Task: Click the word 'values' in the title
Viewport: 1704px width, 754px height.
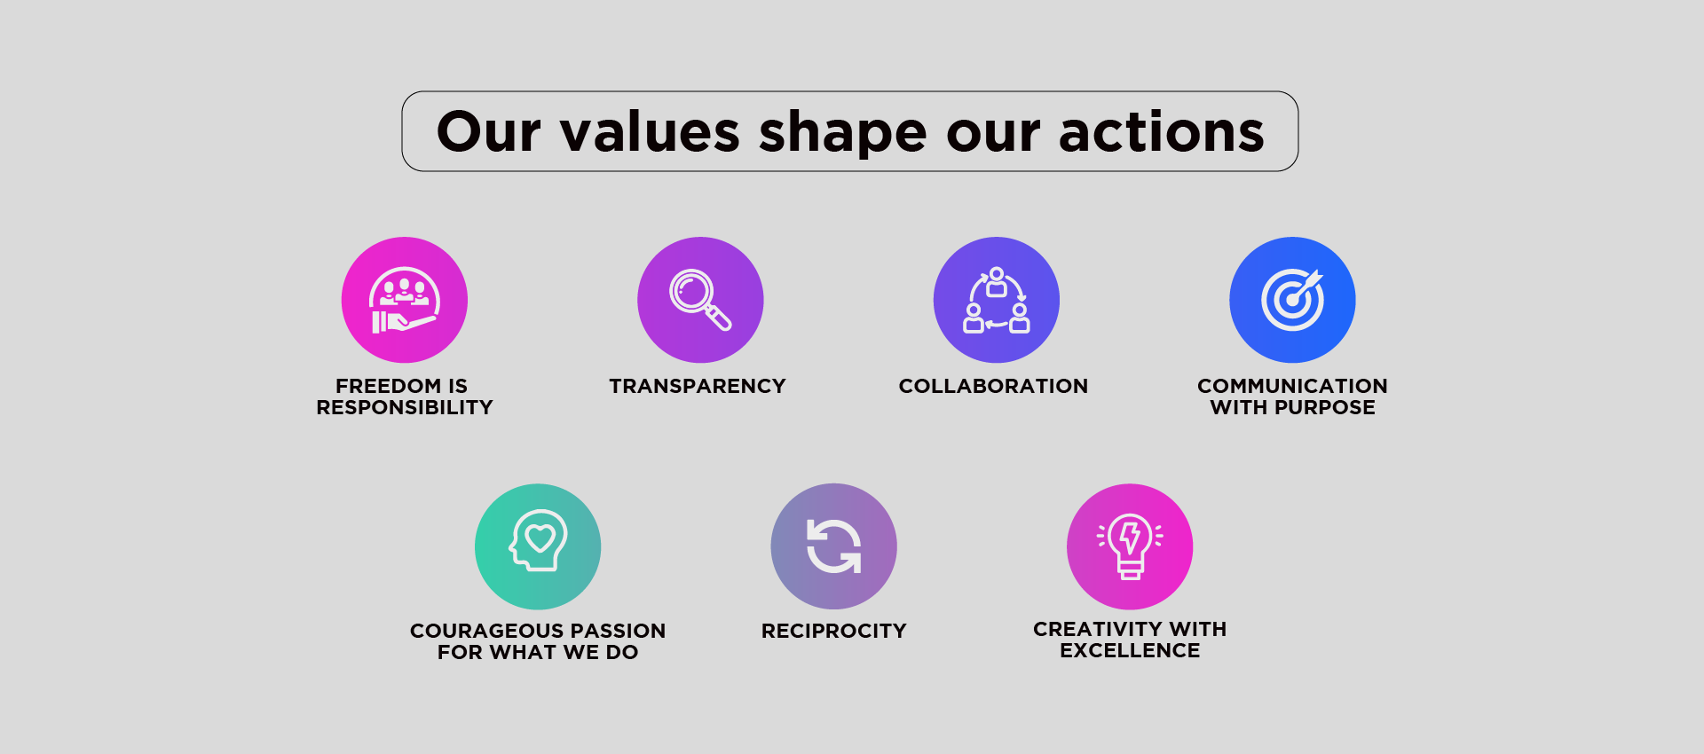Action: [650, 132]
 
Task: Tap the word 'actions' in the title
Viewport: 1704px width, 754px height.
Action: [1162, 132]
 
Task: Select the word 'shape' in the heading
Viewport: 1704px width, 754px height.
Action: [843, 134]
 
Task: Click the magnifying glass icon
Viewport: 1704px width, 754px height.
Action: [700, 300]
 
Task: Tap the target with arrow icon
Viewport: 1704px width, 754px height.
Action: [1292, 300]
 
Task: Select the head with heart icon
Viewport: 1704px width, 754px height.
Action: [538, 540]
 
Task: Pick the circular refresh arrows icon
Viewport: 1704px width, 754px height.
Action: [833, 546]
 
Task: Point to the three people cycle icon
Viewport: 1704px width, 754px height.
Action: [997, 300]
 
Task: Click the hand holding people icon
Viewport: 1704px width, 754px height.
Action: [405, 300]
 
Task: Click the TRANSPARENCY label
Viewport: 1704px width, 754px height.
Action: [698, 386]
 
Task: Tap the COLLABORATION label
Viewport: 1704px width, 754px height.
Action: [993, 386]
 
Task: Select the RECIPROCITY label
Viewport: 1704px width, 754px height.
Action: [833, 631]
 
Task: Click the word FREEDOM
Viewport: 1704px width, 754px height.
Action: [388, 386]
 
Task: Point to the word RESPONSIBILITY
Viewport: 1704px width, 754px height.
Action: [405, 407]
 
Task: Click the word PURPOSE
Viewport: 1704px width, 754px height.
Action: [1324, 407]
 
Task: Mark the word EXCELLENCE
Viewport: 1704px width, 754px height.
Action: [1130, 650]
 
